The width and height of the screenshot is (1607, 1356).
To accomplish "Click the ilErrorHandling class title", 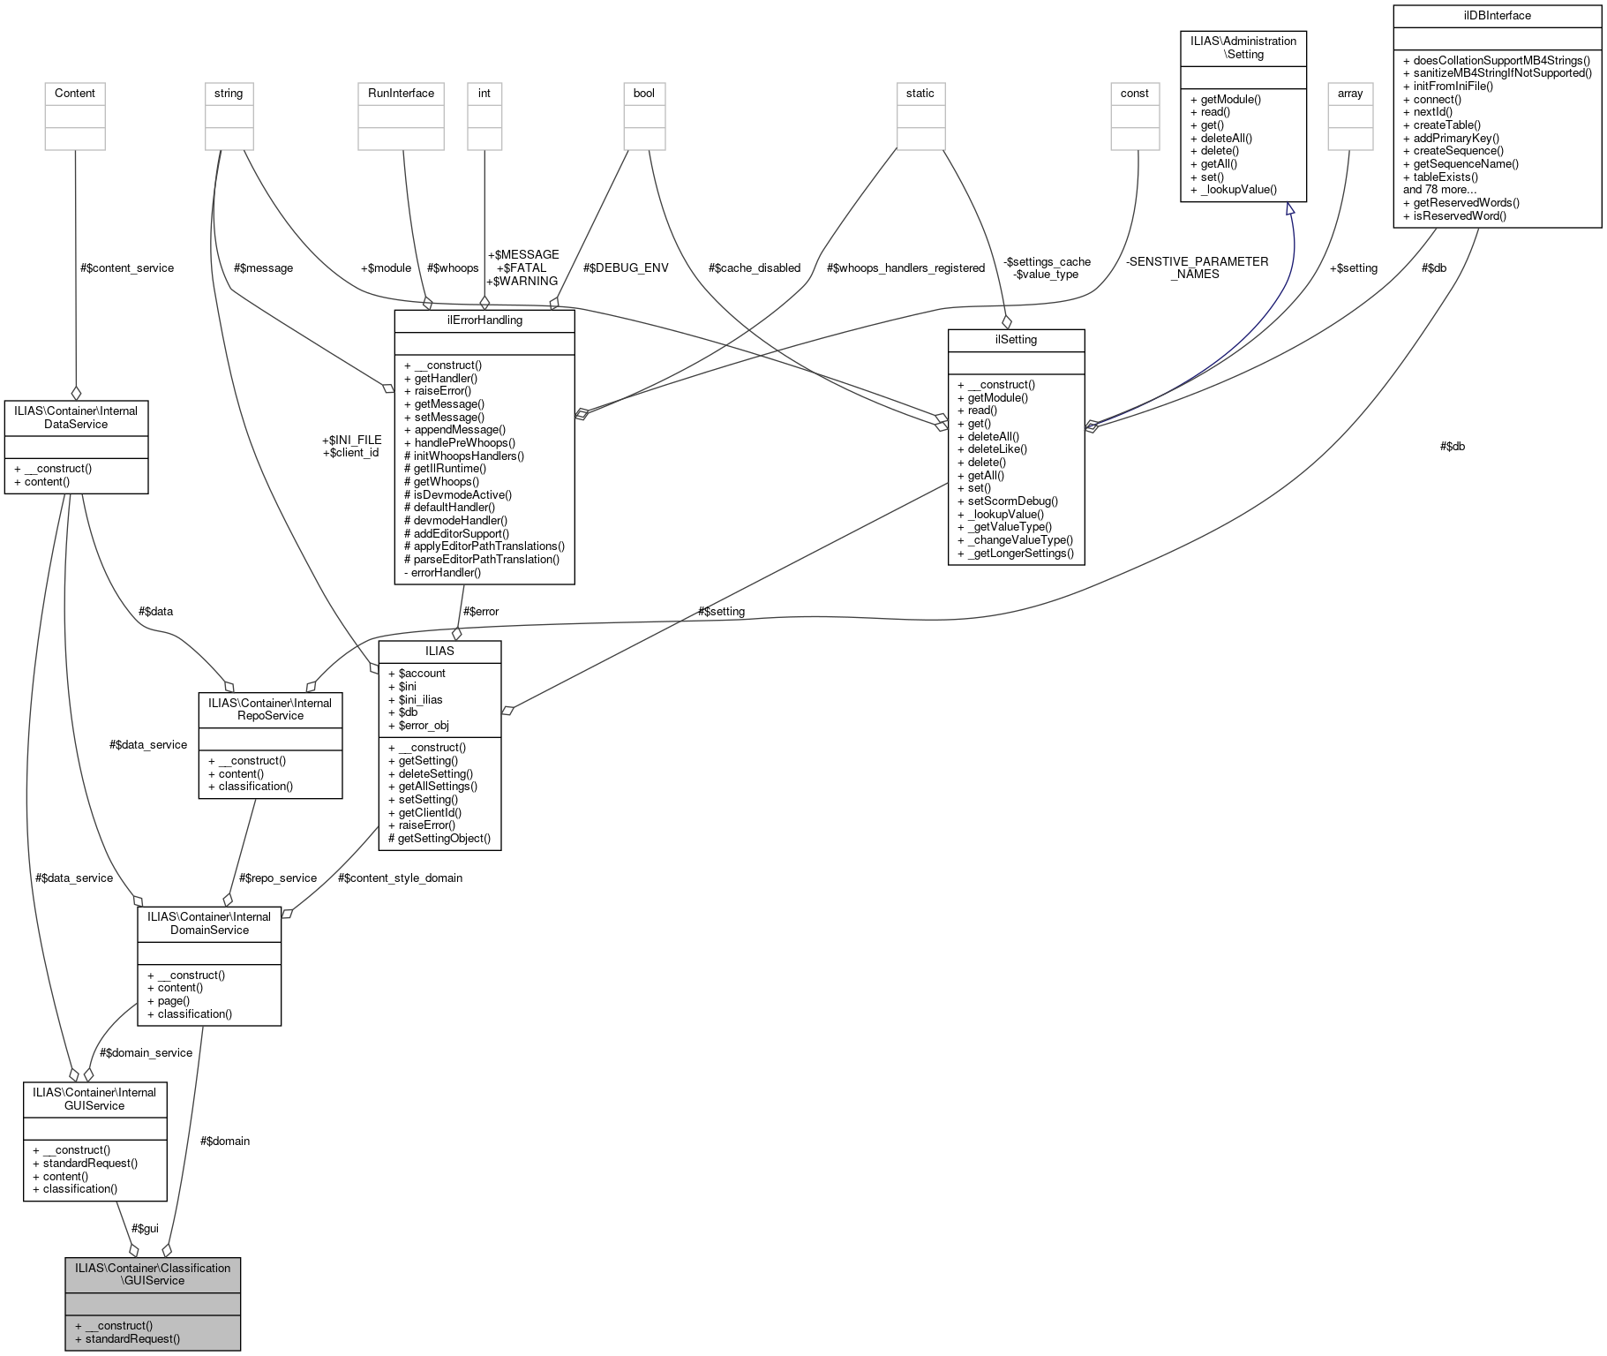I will point(484,320).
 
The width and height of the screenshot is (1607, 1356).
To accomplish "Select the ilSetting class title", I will point(1015,340).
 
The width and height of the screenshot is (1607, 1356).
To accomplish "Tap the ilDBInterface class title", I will point(1497,16).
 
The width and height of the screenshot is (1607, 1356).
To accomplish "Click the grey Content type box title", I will point(74,94).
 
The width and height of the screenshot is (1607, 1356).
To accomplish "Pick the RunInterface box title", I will point(402,94).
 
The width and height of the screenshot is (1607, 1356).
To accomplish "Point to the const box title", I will point(1134,94).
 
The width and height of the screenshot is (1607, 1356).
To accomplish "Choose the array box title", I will point(1349,94).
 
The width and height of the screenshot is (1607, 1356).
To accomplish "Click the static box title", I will point(920,94).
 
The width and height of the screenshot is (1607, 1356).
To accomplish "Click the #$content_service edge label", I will point(127,267).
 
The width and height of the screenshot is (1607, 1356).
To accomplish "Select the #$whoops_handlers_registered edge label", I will point(906,267).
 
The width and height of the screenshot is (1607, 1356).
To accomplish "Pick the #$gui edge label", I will point(145,1228).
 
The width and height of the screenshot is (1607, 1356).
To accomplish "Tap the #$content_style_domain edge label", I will point(400,878).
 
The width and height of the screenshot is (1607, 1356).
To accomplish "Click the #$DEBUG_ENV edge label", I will point(626,267).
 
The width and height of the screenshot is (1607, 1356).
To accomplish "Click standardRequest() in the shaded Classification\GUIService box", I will point(132,1338).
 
